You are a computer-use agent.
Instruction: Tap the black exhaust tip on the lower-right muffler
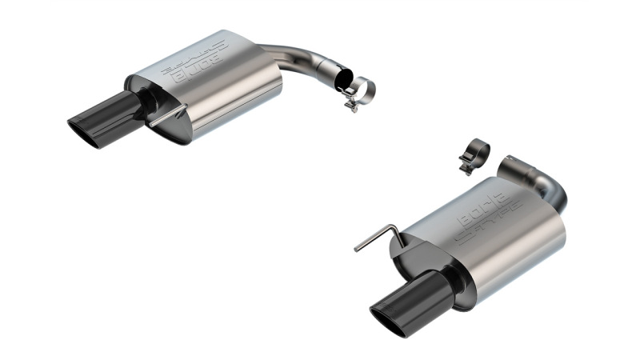(x=408, y=301)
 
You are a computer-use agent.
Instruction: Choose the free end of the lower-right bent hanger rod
(x=356, y=250)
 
